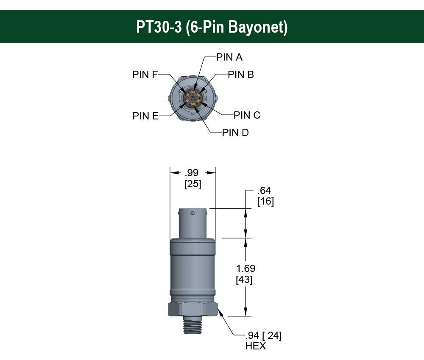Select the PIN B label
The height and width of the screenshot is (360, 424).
(240, 75)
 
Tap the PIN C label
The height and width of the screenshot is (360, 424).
(247, 115)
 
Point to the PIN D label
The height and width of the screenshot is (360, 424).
(235, 133)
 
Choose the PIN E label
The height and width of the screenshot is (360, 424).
(145, 116)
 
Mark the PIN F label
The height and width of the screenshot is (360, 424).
(145, 75)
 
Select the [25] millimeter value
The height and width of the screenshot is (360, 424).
(192, 184)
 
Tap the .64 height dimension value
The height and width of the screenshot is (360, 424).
(264, 191)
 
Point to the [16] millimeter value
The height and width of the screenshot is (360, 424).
(265, 202)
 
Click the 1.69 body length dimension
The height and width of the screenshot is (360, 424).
(246, 269)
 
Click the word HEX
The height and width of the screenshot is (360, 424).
(256, 346)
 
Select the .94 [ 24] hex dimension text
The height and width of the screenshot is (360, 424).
(263, 336)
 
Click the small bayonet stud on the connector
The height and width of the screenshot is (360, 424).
(193, 213)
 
